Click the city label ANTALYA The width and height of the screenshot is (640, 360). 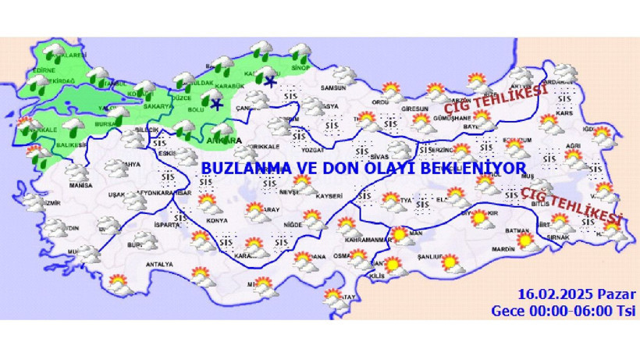159,264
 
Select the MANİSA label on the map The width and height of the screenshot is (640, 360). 80,186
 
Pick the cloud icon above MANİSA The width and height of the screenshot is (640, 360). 75,172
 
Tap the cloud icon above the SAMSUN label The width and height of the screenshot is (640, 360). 344,75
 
